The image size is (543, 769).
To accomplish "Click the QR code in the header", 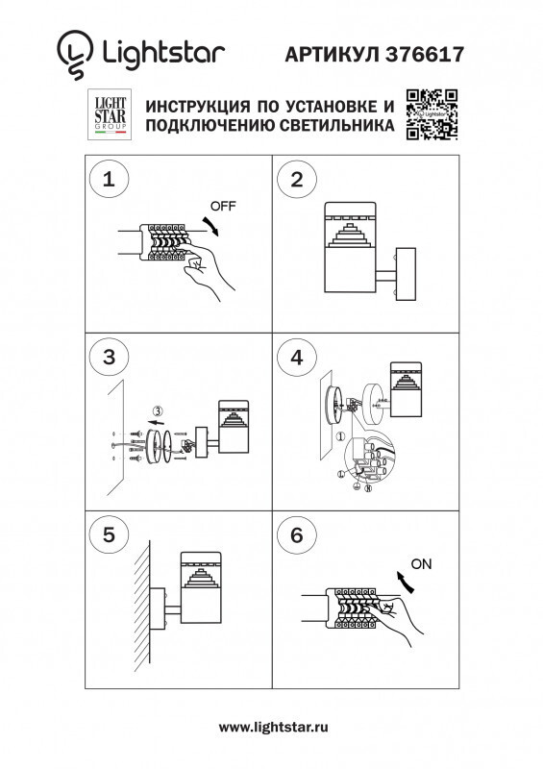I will point(431,115).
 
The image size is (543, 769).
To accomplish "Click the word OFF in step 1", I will point(223,207).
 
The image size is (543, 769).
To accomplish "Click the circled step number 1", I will point(109,179).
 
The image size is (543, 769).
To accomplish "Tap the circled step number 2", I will point(297,179).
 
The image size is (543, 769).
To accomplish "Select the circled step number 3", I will point(109,358).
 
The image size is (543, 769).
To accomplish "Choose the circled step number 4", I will point(297,358).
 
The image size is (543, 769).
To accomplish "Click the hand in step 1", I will point(207,271).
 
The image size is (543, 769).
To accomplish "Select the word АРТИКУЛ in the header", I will point(330,56).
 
